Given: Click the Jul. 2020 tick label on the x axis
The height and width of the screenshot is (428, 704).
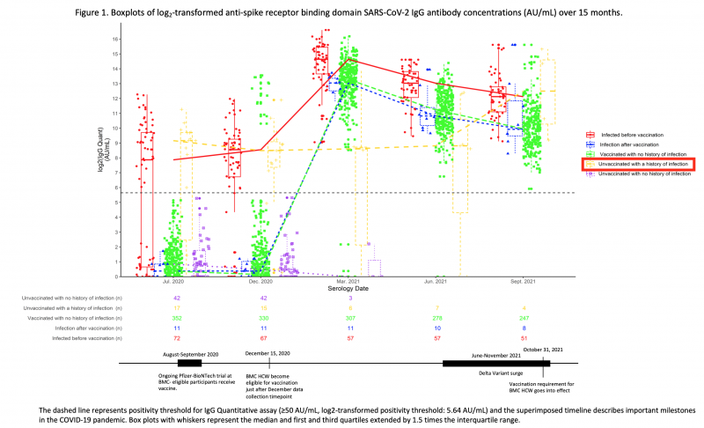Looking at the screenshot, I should (x=172, y=282).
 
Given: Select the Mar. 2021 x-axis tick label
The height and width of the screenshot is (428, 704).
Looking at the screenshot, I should (x=348, y=282).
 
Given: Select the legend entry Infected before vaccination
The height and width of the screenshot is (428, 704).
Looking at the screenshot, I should (x=633, y=135).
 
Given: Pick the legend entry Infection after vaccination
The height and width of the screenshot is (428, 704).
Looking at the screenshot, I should (x=632, y=144).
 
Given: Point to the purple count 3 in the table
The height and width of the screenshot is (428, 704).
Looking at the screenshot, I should (x=348, y=298).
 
